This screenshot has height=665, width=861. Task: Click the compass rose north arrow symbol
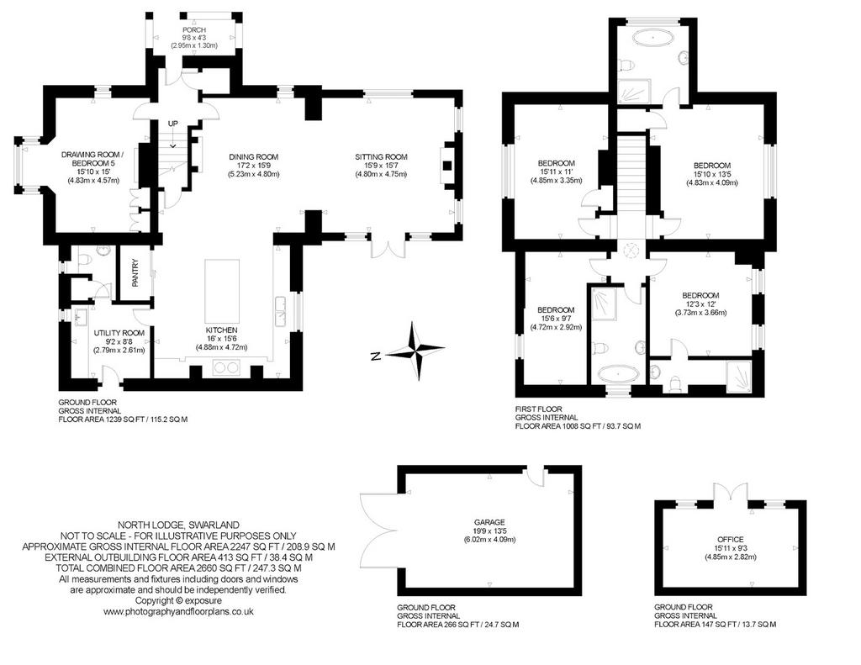[x=415, y=351]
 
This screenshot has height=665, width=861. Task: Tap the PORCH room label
[x=194, y=29]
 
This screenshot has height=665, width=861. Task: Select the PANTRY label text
[x=135, y=273]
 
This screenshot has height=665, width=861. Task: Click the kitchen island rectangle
[x=222, y=292]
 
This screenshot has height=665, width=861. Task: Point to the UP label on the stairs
[x=173, y=124]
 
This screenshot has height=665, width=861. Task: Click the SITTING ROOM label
[x=381, y=157]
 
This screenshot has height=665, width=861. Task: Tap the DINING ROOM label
[x=254, y=157]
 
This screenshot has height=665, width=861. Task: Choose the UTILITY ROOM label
[x=119, y=333]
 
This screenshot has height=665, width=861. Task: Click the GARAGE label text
[x=490, y=523]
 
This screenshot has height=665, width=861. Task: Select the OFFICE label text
[x=731, y=540]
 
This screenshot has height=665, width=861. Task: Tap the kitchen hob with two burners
[x=226, y=367]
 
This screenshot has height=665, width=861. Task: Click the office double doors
[x=731, y=492]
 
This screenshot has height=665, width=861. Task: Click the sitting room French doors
[x=388, y=247]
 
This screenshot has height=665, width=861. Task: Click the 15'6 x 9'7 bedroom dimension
[x=556, y=319]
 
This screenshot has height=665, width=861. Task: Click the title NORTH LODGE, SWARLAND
[x=178, y=525]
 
